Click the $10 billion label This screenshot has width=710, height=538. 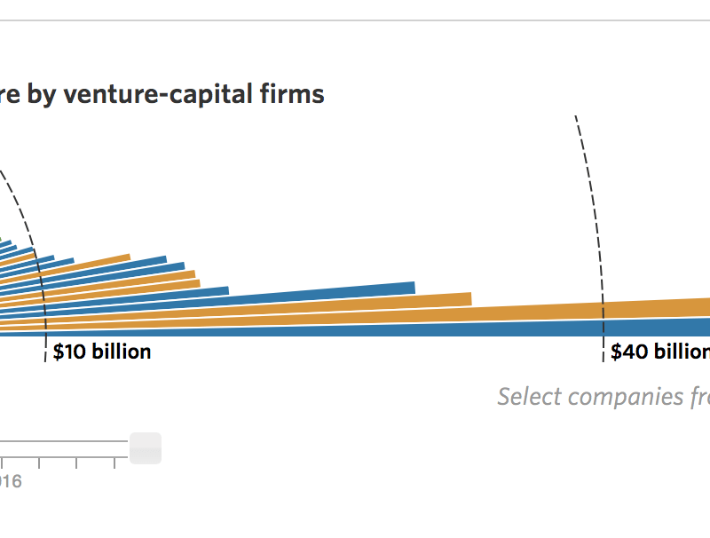[101, 352]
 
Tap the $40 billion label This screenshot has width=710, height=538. [659, 352]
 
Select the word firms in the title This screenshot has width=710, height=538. [295, 94]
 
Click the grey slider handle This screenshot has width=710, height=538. [146, 447]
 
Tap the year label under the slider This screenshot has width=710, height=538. [10, 481]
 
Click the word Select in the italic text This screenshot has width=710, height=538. [528, 396]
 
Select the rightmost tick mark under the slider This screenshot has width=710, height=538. [114, 463]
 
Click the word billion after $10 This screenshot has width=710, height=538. [121, 352]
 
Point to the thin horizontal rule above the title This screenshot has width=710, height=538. [355, 20]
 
